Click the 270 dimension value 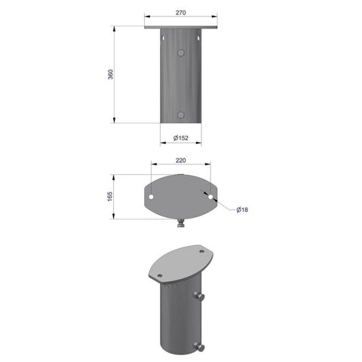tap(181, 13)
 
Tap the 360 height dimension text tap(110, 75)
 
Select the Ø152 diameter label tap(181, 138)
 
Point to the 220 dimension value tap(181, 160)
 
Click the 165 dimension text tap(110, 196)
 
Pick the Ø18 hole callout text tap(242, 210)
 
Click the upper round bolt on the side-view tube tap(180, 53)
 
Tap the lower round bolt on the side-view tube tap(180, 115)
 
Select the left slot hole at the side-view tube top tap(163, 38)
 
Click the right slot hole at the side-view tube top tap(198, 38)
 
